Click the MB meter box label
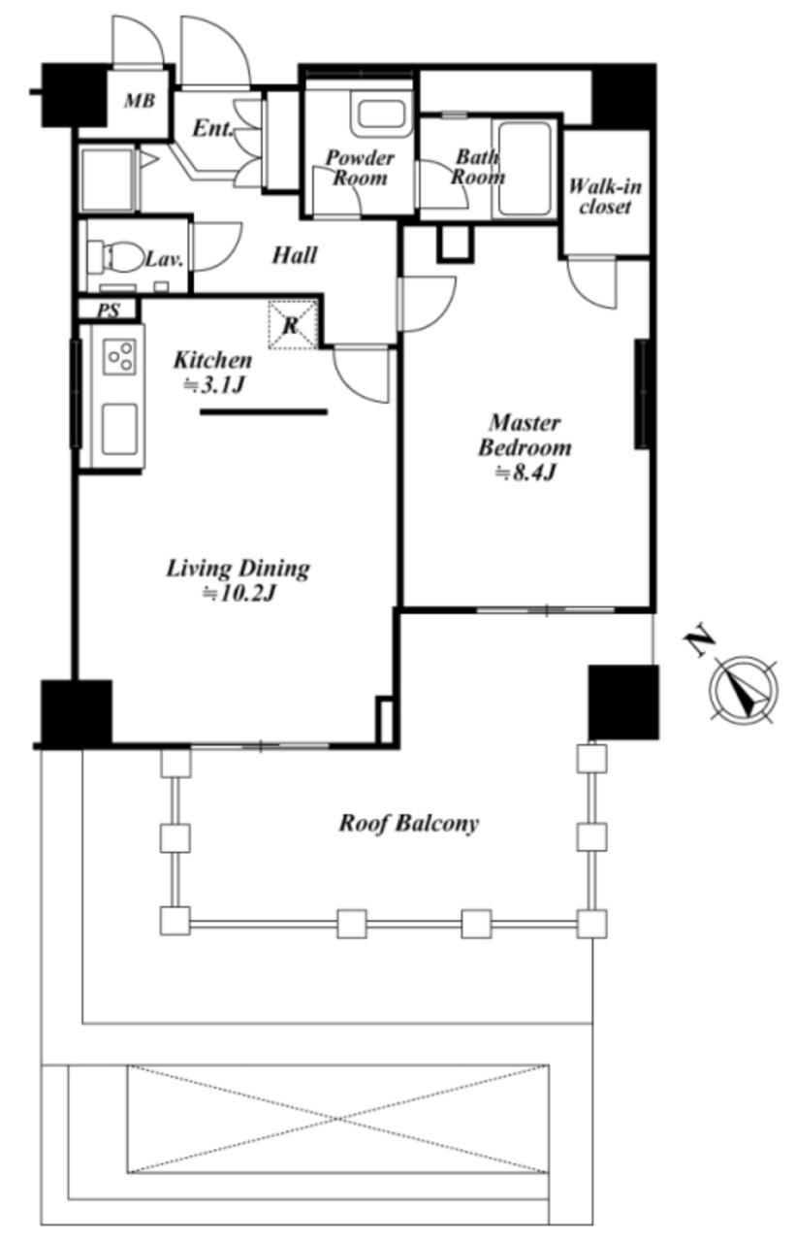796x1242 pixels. [140, 101]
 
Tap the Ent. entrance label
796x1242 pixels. [212, 129]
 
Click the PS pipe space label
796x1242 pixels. [109, 310]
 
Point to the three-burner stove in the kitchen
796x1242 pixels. [119, 356]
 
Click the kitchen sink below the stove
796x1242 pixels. [119, 429]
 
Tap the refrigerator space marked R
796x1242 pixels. [292, 325]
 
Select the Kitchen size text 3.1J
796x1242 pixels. [214, 385]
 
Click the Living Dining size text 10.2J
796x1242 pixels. [239, 594]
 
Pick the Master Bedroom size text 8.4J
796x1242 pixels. [525, 473]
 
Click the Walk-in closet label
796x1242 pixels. [605, 196]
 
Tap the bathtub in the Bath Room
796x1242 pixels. [524, 170]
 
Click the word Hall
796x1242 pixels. [295, 255]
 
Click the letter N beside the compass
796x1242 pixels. [699, 642]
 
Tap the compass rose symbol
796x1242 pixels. [744, 691]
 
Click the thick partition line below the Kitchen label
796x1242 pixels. [264, 412]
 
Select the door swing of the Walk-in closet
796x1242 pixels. [592, 282]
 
